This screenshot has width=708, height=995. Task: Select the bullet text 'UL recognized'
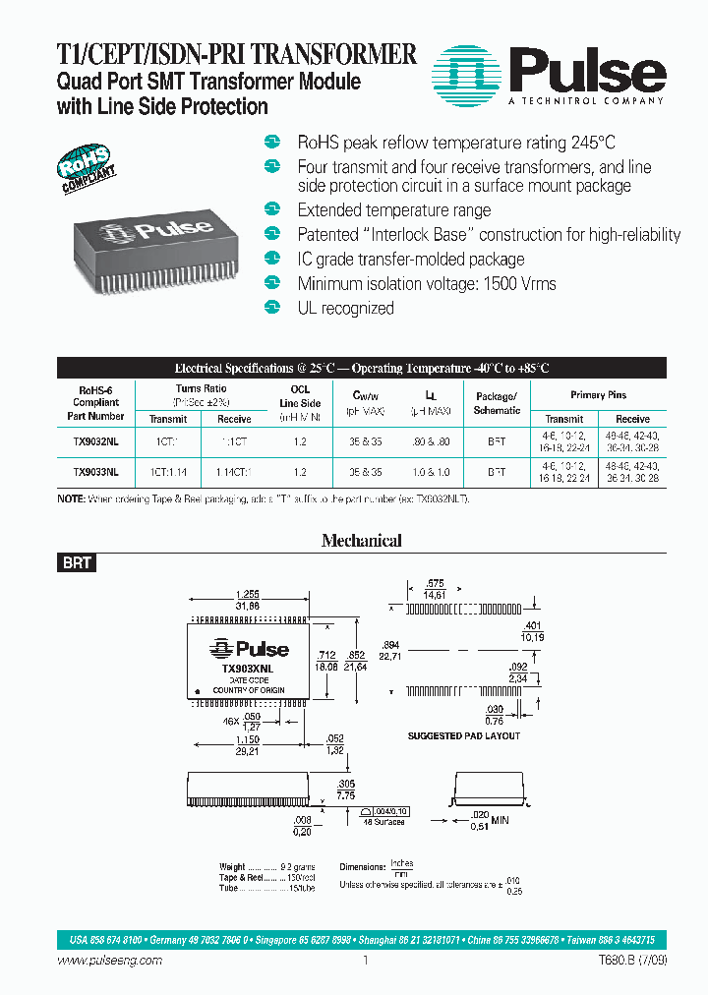pyautogui.click(x=345, y=309)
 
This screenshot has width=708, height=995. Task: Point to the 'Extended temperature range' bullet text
pyautogui.click(x=393, y=210)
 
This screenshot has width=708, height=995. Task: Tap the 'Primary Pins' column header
pyautogui.click(x=598, y=395)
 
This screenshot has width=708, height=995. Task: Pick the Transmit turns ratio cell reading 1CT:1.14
pyautogui.click(x=168, y=472)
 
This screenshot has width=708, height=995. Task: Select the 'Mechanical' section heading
pyautogui.click(x=362, y=540)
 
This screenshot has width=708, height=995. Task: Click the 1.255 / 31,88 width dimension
pyautogui.click(x=247, y=600)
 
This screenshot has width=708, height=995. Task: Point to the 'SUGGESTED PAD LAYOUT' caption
pyautogui.click(x=463, y=735)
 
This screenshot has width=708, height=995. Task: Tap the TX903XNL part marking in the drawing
pyautogui.click(x=247, y=669)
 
